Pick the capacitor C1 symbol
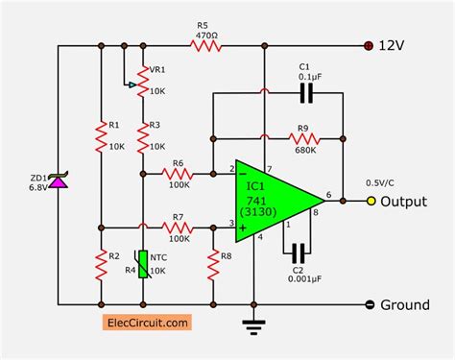point(306,93)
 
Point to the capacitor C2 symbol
point(299,252)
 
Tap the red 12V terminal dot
point(369,44)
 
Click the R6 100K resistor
point(177,175)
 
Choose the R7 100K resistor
point(177,228)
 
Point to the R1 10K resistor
point(101,138)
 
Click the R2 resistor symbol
point(101,263)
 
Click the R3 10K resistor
point(143,138)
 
